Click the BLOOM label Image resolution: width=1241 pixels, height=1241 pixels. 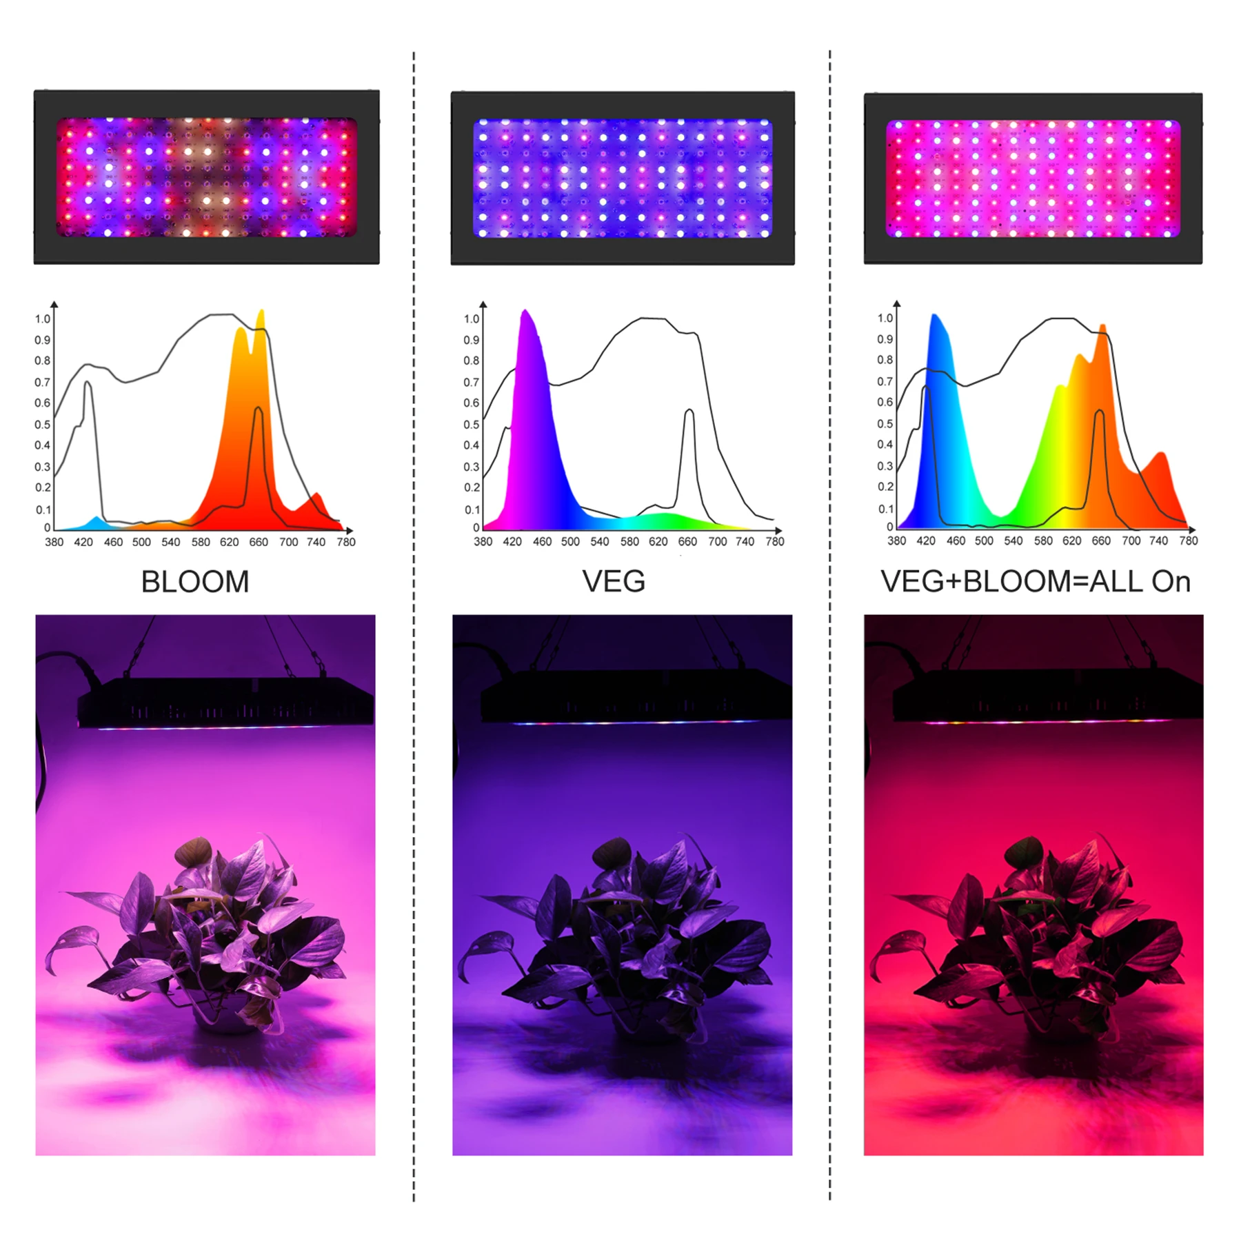tap(195, 581)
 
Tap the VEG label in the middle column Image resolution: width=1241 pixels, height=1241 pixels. tap(614, 581)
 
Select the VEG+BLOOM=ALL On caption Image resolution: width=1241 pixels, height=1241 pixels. tap(1036, 581)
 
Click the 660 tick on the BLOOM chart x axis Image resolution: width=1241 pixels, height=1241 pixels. tap(259, 542)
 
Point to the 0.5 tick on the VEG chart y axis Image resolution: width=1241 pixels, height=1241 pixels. tap(471, 424)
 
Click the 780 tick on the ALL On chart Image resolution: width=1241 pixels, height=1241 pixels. tap(1188, 541)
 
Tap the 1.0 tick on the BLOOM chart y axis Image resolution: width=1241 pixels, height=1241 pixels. tap(43, 319)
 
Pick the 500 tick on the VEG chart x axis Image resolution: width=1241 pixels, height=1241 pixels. tap(570, 541)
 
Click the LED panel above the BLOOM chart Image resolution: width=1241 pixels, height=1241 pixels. tap(206, 177)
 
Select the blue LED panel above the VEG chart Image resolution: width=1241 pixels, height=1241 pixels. tap(623, 178)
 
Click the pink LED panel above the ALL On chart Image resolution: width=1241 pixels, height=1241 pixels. tap(1033, 179)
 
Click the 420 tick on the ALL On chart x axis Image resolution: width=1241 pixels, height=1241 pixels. tap(926, 541)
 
